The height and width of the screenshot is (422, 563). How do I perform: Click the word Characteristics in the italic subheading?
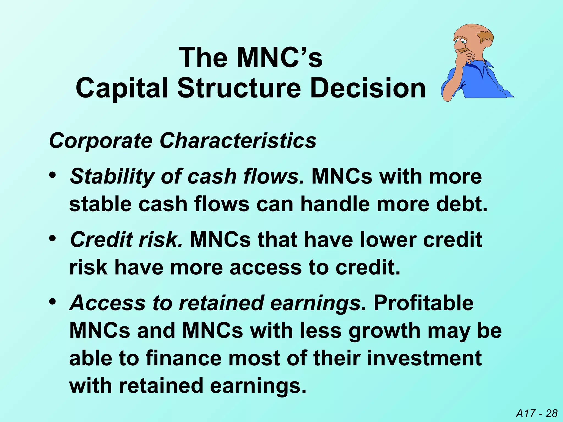click(238, 141)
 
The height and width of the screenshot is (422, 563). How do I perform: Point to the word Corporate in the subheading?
click(101, 141)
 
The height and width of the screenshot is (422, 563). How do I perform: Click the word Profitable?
click(424, 303)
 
